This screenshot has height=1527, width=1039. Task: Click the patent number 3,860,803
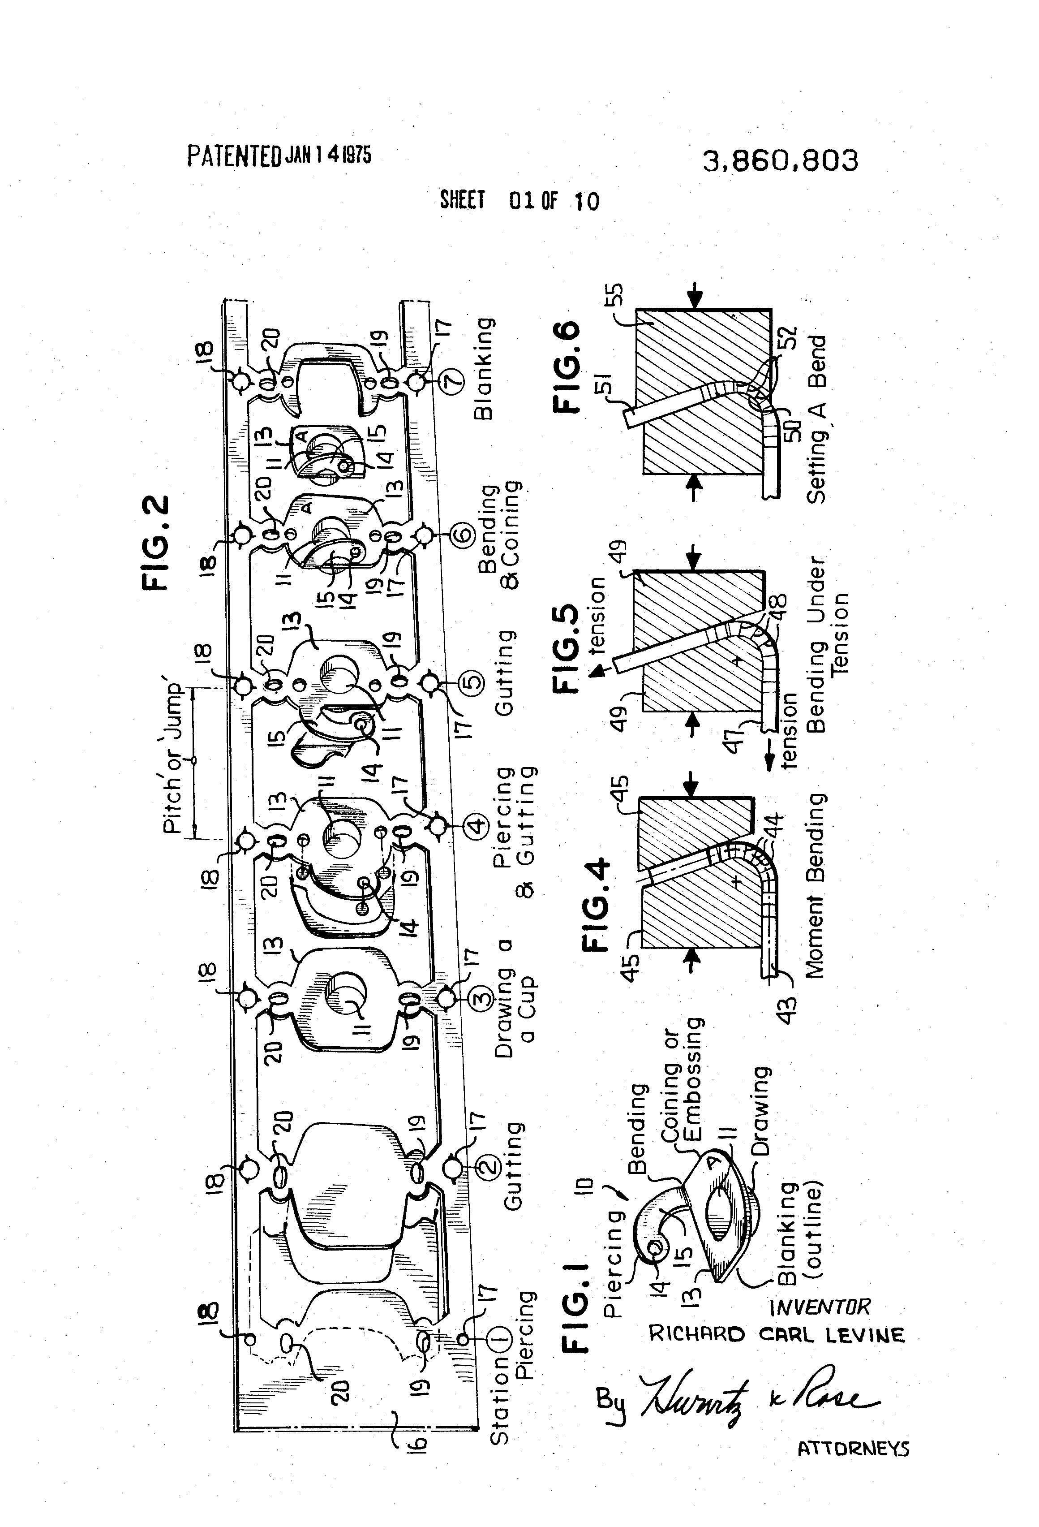[x=780, y=161]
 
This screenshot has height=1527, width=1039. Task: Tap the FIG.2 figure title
[x=156, y=544]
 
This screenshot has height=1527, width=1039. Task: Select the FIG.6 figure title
[x=567, y=367]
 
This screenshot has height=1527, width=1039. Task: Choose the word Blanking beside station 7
[x=484, y=369]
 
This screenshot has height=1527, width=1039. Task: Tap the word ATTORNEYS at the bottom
[x=853, y=1449]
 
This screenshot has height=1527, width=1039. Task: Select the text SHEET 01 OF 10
[x=519, y=200]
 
